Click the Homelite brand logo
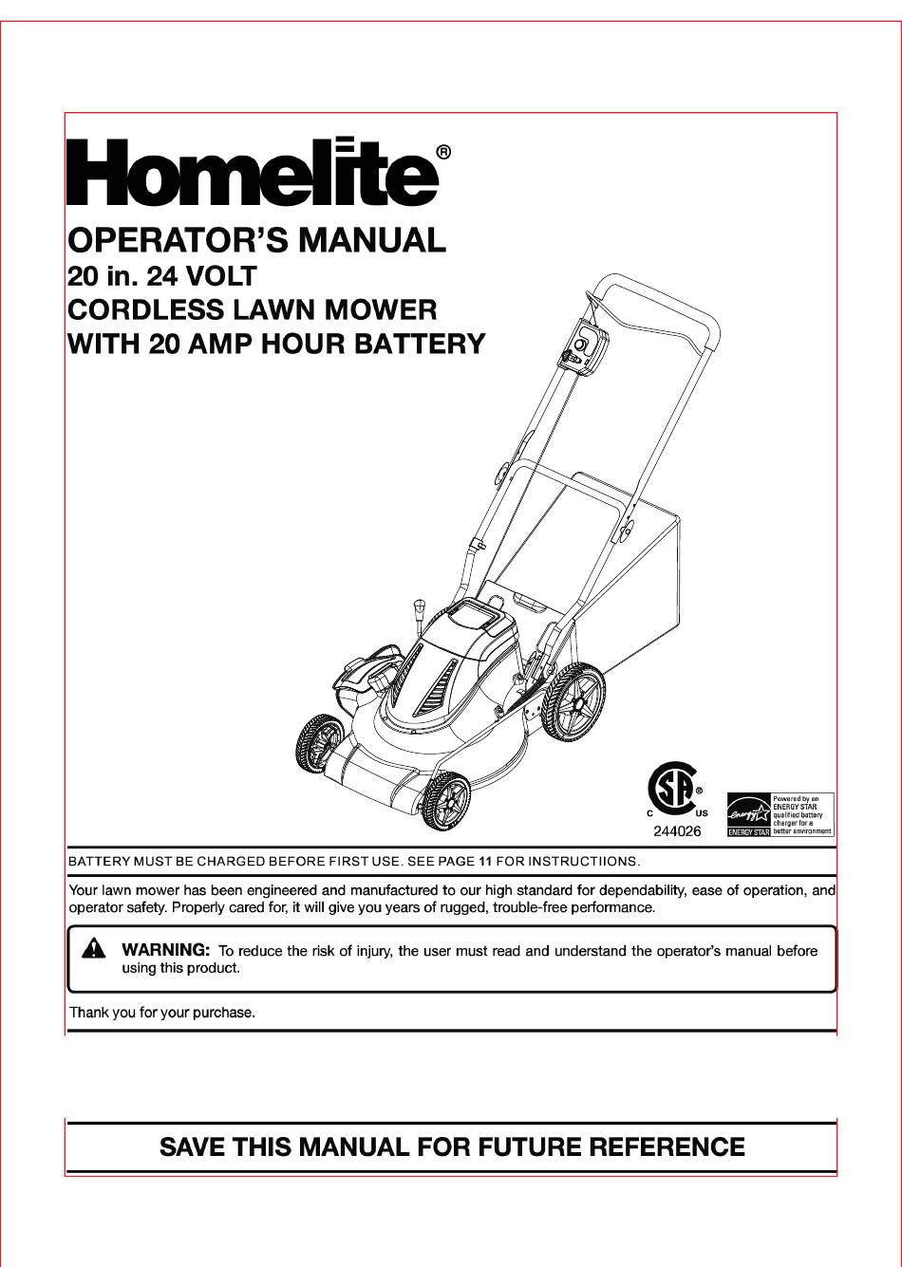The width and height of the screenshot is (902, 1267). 251,173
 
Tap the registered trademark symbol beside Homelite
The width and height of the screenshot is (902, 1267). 442,152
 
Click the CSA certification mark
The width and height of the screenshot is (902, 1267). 673,788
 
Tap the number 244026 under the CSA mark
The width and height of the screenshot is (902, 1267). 676,831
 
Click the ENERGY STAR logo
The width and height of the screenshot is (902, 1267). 748,815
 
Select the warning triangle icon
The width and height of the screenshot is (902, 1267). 93,949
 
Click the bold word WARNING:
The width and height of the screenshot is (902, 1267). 165,949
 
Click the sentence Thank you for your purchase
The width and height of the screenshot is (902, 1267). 162,1013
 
